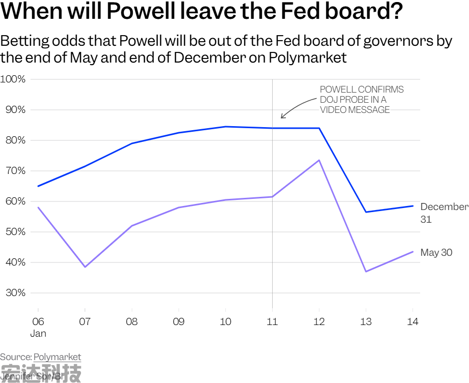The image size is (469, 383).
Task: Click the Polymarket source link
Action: pos(57,357)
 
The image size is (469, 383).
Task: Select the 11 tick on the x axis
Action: pos(272,321)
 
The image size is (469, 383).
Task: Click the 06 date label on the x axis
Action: pos(38,321)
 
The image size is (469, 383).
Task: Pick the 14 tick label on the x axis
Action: pos(413,321)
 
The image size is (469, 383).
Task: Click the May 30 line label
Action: pos(436,253)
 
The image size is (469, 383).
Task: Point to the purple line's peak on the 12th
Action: pos(319,160)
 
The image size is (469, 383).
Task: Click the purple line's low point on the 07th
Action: pos(85,267)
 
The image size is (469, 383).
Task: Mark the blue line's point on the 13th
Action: pos(366,212)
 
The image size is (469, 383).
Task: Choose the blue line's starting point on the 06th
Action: pos(38,186)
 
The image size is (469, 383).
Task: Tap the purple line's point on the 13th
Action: pos(366,272)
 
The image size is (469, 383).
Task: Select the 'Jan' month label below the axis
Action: pos(38,334)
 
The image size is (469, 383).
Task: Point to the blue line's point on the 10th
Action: pos(225,127)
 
